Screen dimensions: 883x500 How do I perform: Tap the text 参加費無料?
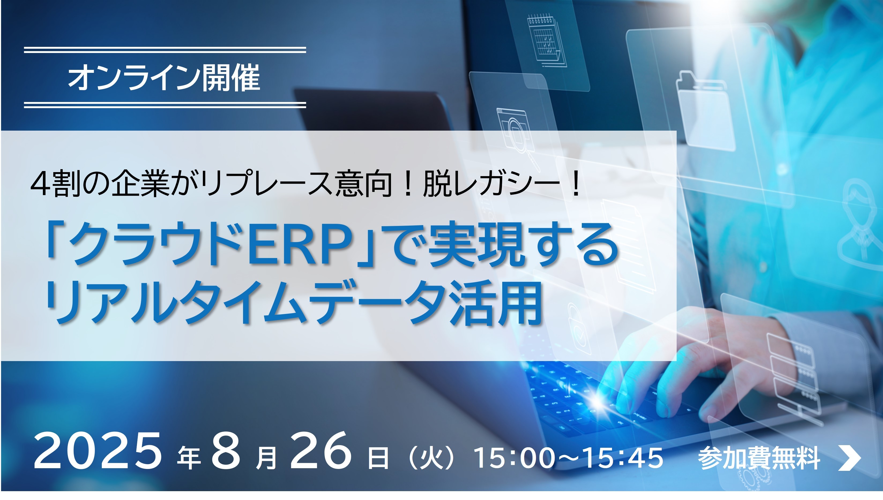(x=759, y=458)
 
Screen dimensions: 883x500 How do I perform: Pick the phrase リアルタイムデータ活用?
(x=293, y=302)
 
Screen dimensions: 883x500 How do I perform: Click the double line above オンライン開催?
(x=165, y=50)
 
